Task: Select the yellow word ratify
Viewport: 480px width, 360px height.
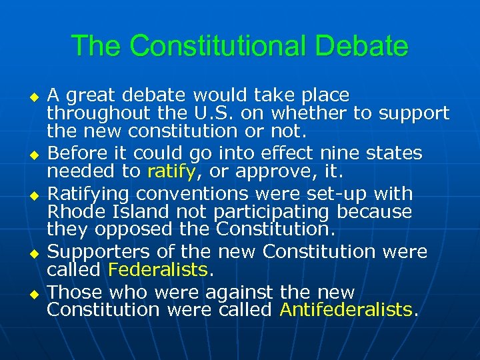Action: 171,171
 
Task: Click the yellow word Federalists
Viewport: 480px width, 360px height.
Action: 158,269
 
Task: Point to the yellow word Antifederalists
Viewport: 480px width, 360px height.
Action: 346,309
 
